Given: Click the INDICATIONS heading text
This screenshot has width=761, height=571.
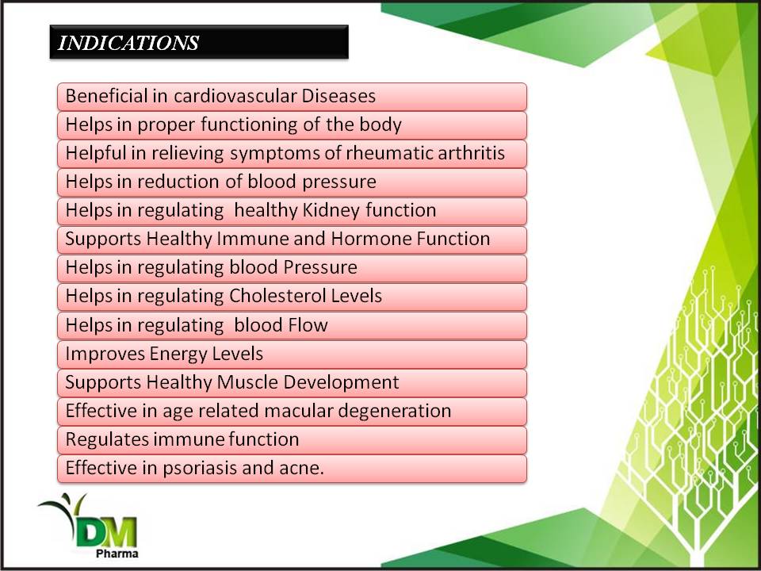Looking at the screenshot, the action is pos(128,43).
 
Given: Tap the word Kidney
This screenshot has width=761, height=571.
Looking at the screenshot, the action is pos(331,211).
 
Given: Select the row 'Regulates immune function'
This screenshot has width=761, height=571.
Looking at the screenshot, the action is pos(292,440).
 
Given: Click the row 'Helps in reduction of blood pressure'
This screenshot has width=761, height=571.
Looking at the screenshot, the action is pos(292,182).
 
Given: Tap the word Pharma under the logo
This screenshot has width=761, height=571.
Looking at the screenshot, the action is pos(117,554).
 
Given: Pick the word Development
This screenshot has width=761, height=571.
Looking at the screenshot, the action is pos(341,382).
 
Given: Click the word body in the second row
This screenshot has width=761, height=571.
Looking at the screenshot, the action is pos(380,125).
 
